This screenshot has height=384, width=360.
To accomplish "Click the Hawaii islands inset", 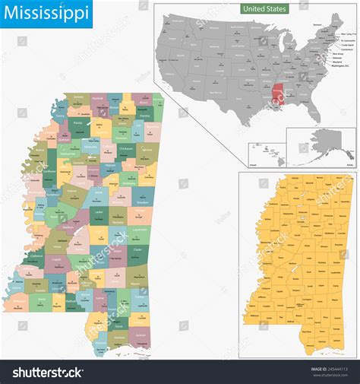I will click(x=264, y=157).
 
